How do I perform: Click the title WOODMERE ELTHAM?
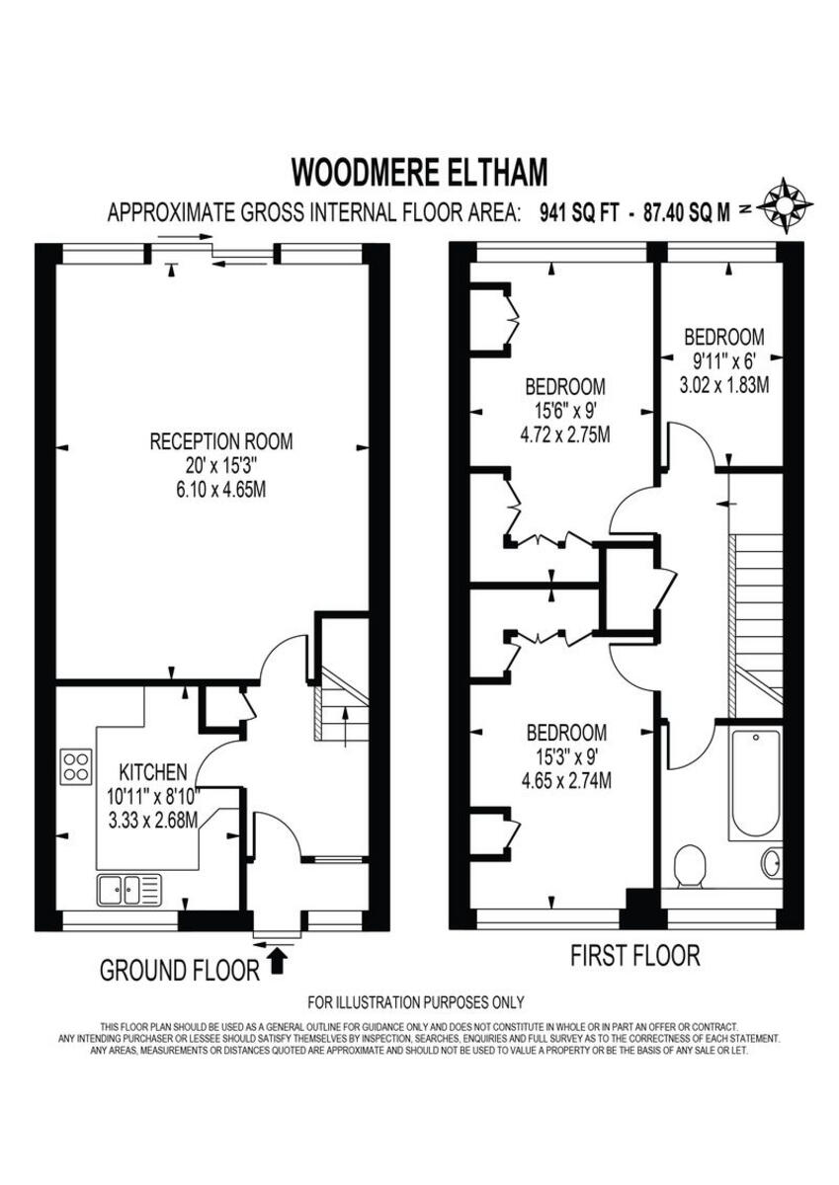(419, 172)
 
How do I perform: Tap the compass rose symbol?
(787, 204)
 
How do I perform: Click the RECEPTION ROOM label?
(221, 441)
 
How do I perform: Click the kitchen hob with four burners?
(76, 767)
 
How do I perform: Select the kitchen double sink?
(128, 890)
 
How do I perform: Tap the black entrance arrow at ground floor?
(278, 957)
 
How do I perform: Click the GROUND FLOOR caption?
(179, 971)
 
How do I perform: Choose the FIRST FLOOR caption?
(635, 955)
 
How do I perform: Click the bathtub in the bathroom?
(755, 785)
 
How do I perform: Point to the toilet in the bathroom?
(689, 867)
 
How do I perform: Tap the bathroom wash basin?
(772, 862)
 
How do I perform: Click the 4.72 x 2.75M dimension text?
(564, 434)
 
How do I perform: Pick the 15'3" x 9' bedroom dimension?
(565, 757)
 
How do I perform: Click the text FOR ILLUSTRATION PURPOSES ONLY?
(416, 1002)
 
